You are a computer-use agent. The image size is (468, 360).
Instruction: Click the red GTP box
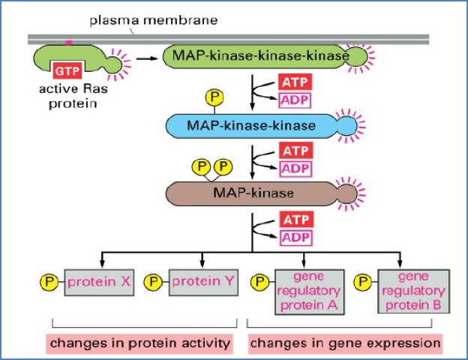point(64,71)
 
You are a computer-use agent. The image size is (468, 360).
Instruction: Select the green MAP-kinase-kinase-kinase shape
point(259,57)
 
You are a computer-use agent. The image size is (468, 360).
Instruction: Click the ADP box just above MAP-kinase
point(295,169)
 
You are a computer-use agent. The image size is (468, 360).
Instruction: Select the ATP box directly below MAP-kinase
point(295,220)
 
